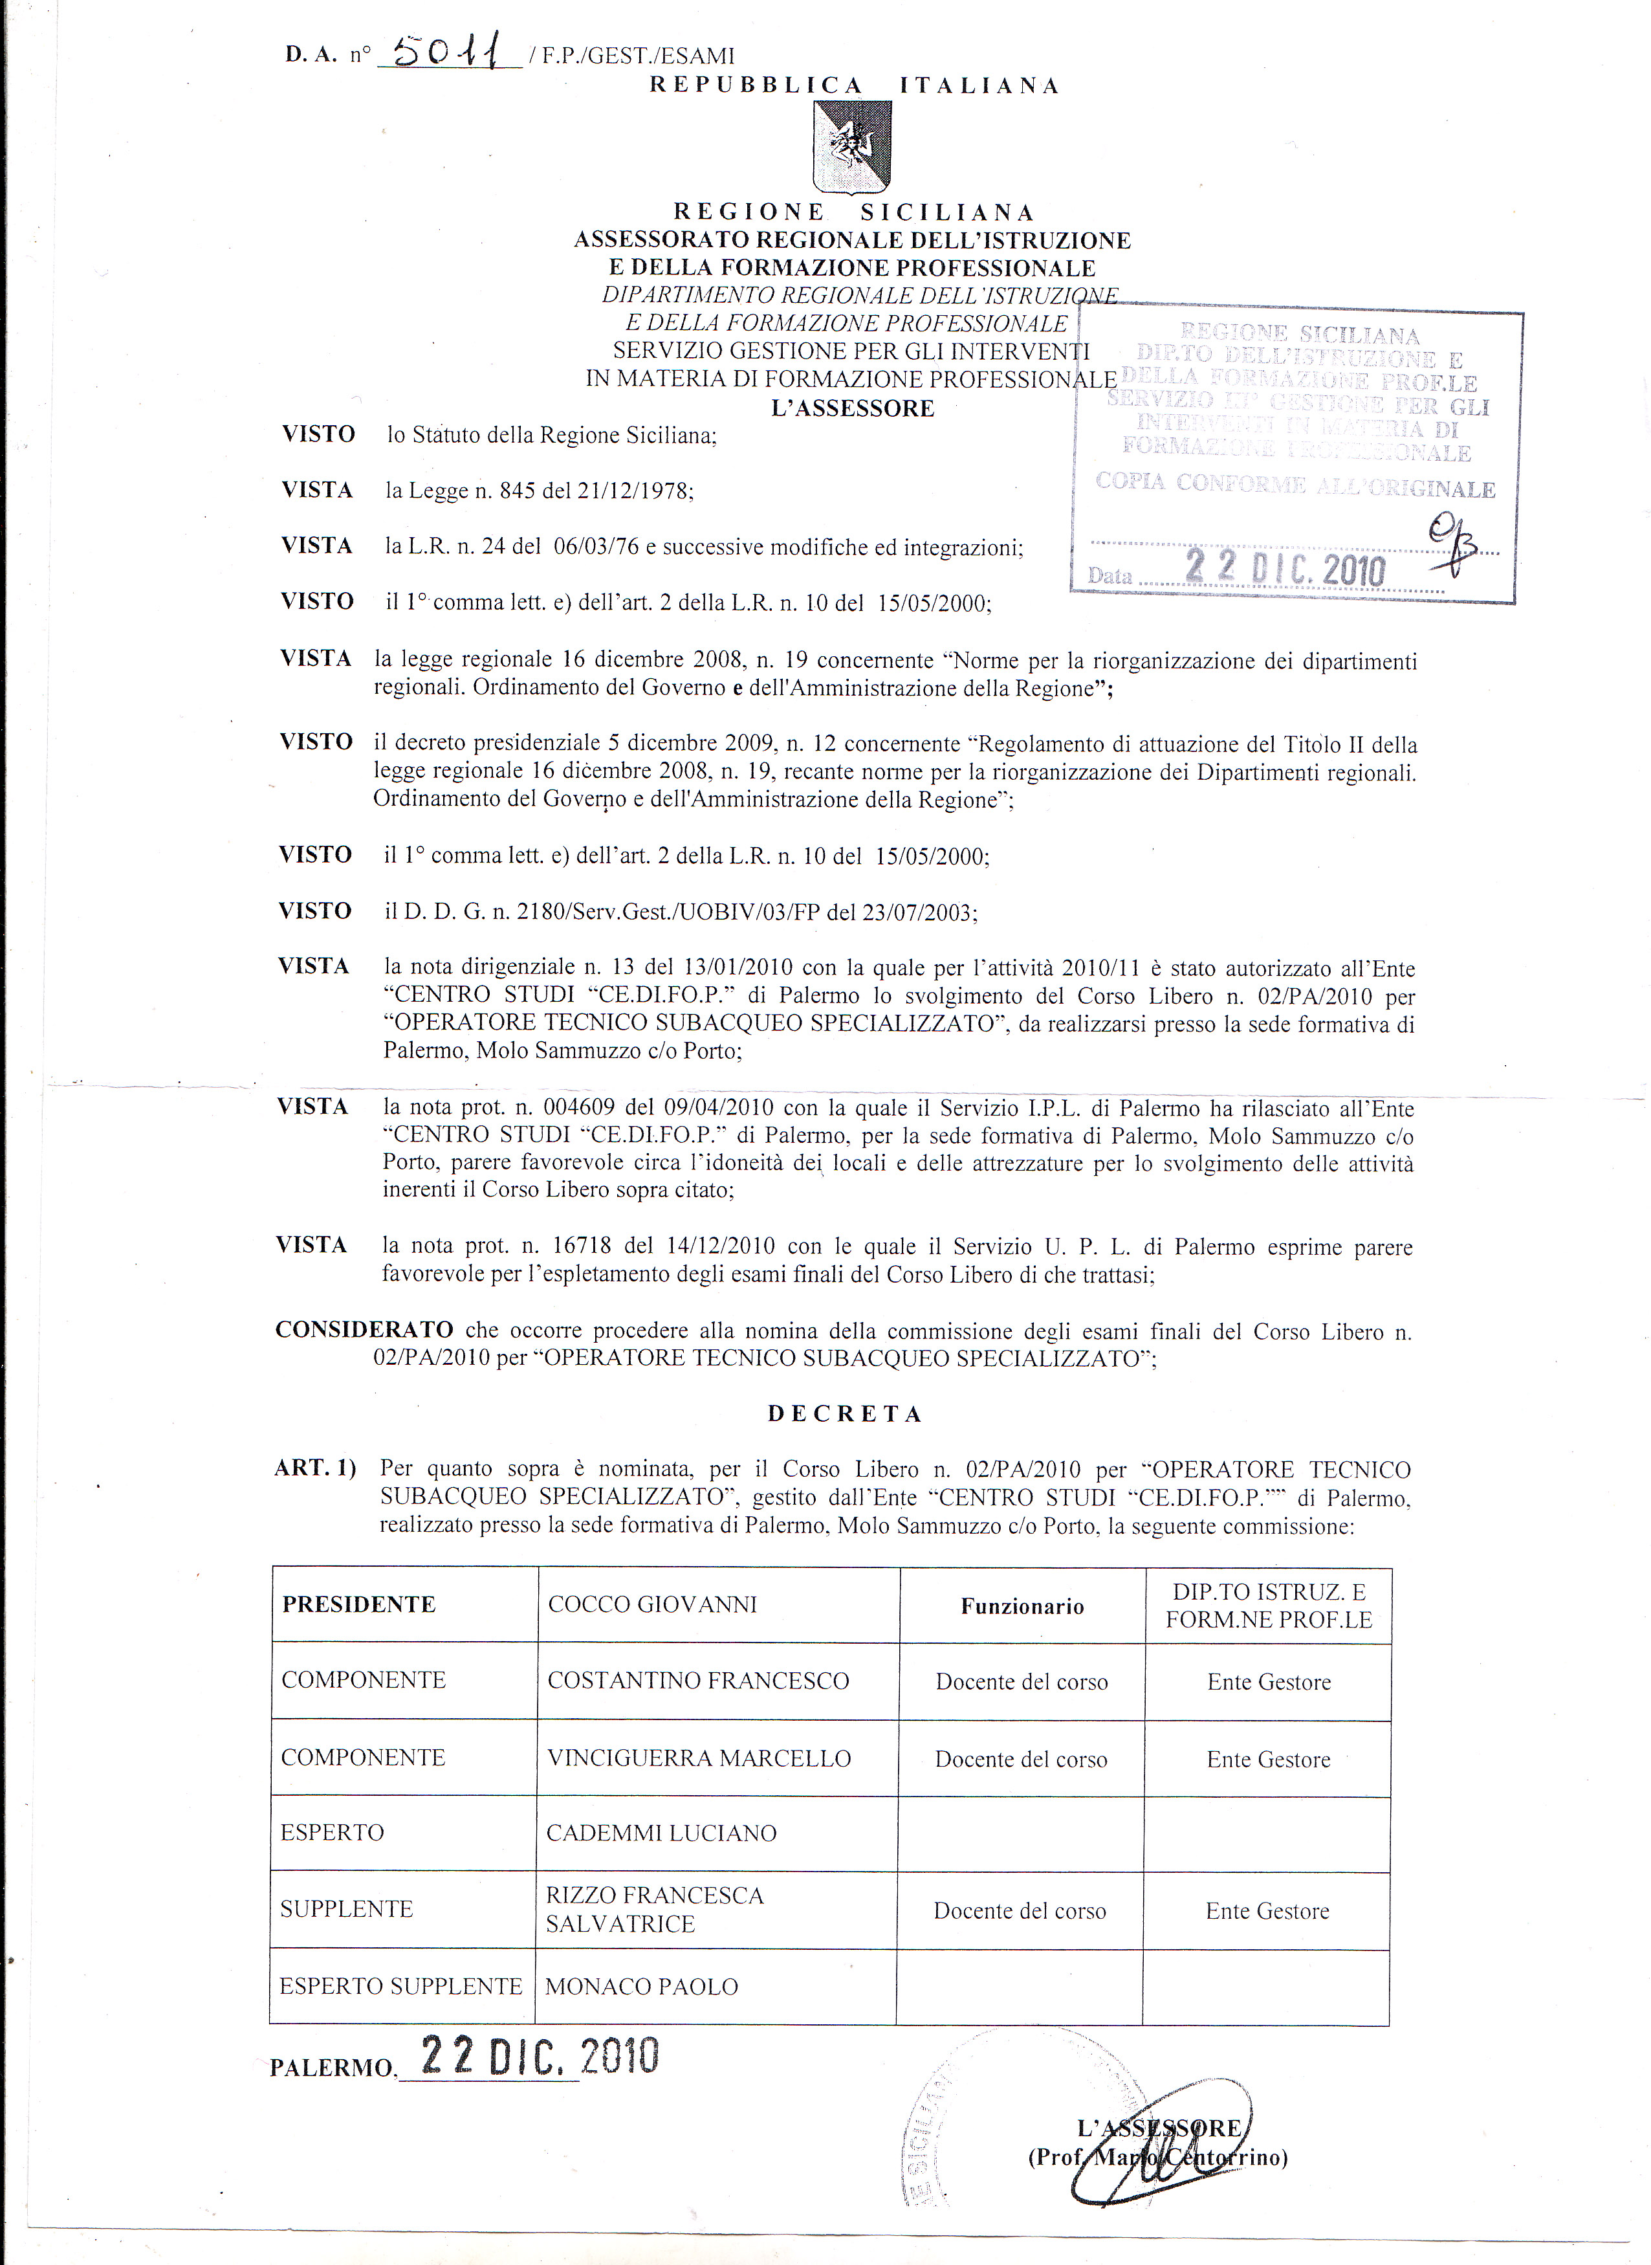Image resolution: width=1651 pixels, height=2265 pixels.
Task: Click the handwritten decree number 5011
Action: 450,50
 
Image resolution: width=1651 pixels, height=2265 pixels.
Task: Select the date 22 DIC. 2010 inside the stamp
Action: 1285,569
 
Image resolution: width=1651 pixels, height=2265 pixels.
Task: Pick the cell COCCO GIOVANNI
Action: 653,1604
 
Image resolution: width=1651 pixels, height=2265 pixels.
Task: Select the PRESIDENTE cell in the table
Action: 359,1604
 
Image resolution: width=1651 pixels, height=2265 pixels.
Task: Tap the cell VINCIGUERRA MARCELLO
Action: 699,1758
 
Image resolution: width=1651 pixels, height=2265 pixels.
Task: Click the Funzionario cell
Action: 1022,1606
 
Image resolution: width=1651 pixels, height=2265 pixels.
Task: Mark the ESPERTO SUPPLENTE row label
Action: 400,1986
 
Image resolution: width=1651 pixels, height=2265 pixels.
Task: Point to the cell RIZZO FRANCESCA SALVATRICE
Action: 655,1910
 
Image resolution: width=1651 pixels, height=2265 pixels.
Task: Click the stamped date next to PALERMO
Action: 540,2056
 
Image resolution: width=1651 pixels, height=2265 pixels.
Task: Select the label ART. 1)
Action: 315,1468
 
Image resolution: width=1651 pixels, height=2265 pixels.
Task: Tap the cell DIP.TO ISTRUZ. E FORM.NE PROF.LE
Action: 1268,1606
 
